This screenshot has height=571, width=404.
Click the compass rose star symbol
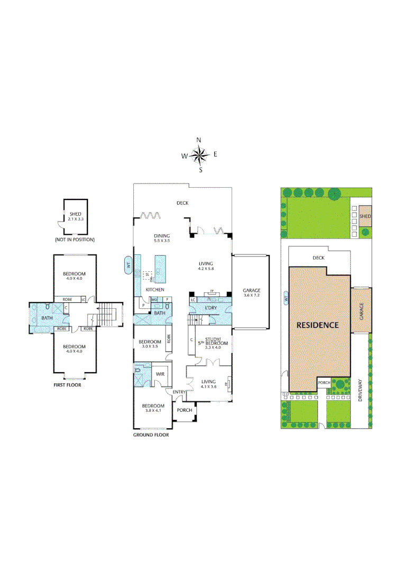[x=199, y=155]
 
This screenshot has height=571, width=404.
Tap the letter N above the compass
[x=199, y=140]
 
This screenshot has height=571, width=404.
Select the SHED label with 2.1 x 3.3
[x=76, y=216]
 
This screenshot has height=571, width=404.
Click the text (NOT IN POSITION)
[x=75, y=240]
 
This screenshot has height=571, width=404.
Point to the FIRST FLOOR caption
[x=67, y=385]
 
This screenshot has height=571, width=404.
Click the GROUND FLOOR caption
[x=151, y=435]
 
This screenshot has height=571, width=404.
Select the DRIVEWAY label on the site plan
[x=362, y=391]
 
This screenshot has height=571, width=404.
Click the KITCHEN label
[x=155, y=290]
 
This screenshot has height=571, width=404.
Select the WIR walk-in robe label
[x=159, y=374]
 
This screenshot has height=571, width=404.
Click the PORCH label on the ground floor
[x=184, y=410]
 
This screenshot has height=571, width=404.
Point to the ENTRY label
[x=179, y=391]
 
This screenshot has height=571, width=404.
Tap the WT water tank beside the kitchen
[x=127, y=265]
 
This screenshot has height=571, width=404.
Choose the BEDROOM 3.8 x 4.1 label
[x=152, y=409]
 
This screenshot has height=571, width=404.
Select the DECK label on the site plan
[x=318, y=257]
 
